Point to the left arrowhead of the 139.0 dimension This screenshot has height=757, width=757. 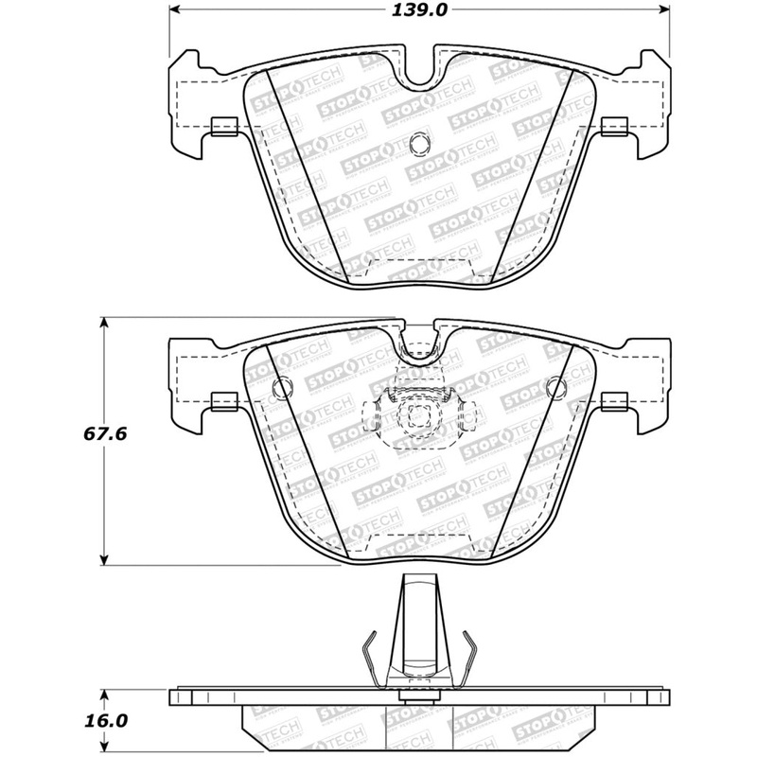pos(175,11)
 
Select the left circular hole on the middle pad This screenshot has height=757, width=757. pos(281,386)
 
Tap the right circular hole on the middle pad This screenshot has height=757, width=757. pos(556,386)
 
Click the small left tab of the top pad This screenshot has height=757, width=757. pos(223,125)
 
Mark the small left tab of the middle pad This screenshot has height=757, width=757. pos(223,401)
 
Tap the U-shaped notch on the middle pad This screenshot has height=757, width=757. pos(417,343)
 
